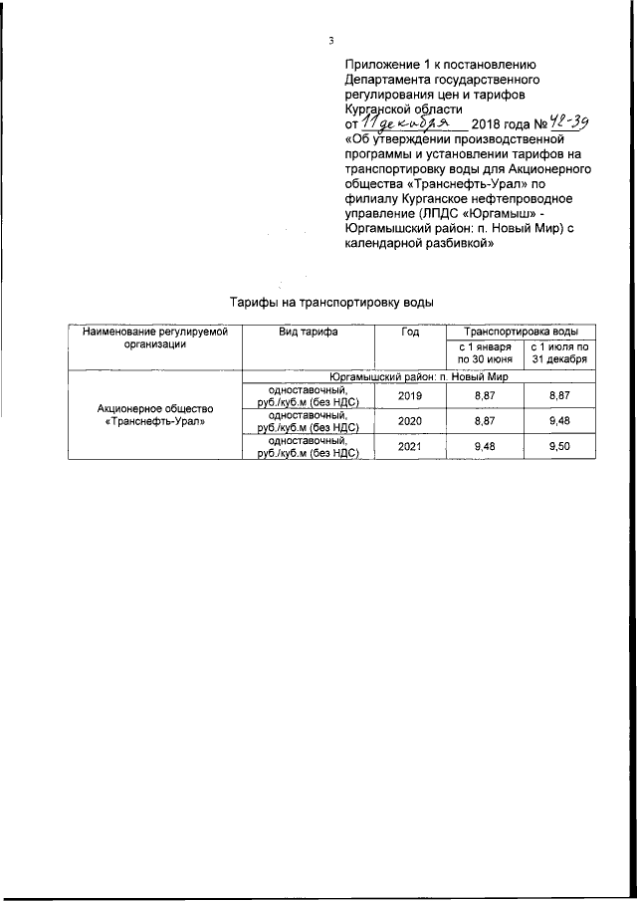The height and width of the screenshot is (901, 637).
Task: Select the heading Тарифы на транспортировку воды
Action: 331,301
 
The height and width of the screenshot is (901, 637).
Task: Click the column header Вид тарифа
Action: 309,332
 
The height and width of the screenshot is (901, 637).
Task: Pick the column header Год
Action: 410,332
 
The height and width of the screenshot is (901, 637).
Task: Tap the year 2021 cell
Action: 410,447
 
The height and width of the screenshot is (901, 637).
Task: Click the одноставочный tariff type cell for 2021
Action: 309,447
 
